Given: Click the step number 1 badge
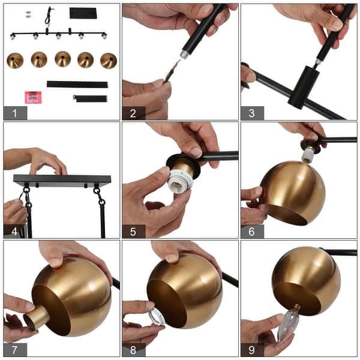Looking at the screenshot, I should point(15,113).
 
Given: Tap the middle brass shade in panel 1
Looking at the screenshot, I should point(62,59).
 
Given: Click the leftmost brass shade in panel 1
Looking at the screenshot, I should point(15,60).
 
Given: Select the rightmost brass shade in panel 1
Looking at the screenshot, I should point(109,60).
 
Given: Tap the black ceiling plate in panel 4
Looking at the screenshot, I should point(62,179).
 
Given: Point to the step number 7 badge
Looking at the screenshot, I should point(15,349).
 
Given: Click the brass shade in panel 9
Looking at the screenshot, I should point(306,280).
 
